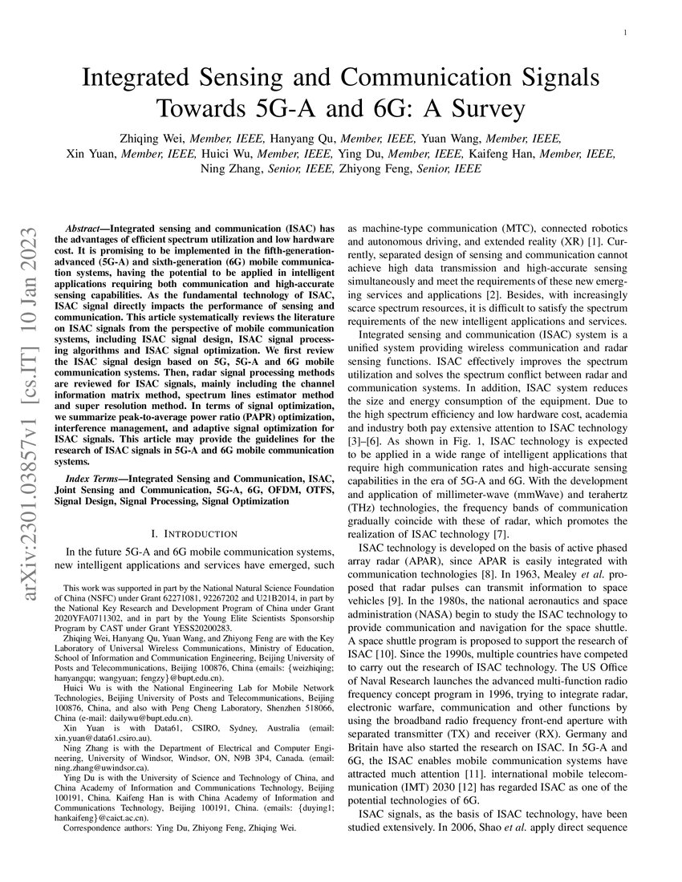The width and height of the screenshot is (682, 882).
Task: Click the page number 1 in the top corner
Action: point(623,33)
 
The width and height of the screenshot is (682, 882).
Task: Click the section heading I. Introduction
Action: point(194,533)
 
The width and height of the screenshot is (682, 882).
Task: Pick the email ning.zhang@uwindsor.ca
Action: point(92,767)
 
